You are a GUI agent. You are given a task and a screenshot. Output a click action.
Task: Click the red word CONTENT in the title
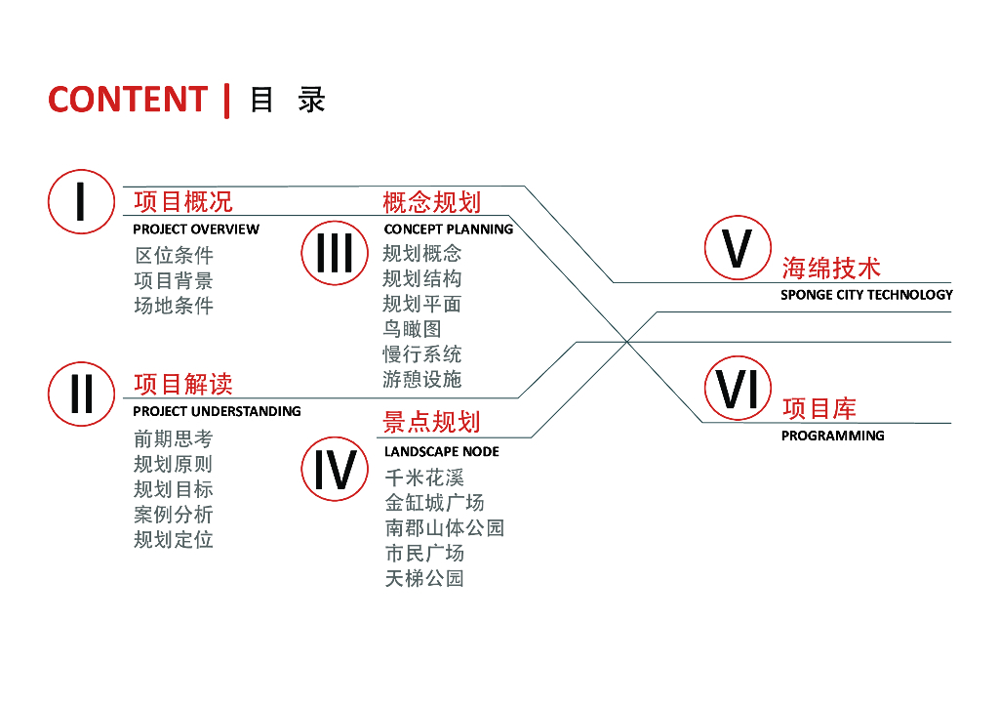pyautogui.click(x=128, y=100)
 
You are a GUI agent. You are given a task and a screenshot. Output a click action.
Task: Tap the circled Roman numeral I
pyautogui.click(x=81, y=201)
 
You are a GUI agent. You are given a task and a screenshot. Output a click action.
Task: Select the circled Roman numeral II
pyautogui.click(x=81, y=394)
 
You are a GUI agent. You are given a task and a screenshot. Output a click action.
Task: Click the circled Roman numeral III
pyautogui.click(x=335, y=253)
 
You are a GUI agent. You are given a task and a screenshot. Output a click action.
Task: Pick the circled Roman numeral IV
pyautogui.click(x=335, y=469)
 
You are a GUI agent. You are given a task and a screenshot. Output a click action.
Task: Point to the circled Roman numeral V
pyautogui.click(x=738, y=247)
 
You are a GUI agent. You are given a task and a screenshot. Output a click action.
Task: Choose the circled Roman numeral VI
pyautogui.click(x=738, y=389)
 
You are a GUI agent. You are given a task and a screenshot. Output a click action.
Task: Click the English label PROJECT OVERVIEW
pyautogui.click(x=196, y=229)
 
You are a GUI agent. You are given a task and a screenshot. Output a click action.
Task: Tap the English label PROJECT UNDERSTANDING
pyautogui.click(x=217, y=412)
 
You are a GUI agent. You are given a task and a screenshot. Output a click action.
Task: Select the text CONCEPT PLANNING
pyautogui.click(x=449, y=229)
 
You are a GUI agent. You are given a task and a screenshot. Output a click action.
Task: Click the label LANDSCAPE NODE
pyautogui.click(x=442, y=452)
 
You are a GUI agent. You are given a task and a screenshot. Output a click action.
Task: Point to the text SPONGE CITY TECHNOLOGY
pyautogui.click(x=866, y=295)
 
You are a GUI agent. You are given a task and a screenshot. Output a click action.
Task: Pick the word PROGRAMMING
pyautogui.click(x=833, y=437)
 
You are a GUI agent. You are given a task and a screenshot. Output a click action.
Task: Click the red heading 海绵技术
pyautogui.click(x=831, y=269)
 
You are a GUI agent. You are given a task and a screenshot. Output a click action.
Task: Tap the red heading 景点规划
pyautogui.click(x=431, y=422)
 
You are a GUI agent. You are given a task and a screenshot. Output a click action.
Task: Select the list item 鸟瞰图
pyautogui.click(x=412, y=329)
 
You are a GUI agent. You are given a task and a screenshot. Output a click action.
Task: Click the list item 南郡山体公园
pyautogui.click(x=445, y=528)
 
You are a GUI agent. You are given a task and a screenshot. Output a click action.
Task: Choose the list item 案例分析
pyautogui.click(x=174, y=515)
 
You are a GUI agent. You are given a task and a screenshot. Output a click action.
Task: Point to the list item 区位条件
pyautogui.click(x=174, y=255)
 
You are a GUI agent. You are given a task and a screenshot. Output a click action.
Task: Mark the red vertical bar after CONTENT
pyautogui.click(x=226, y=101)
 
